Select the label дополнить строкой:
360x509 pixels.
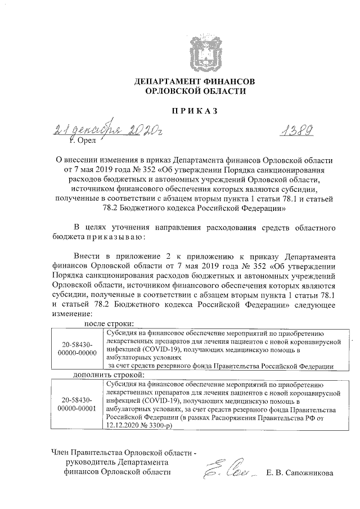[109, 374]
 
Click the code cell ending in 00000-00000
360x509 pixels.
[77, 348]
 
